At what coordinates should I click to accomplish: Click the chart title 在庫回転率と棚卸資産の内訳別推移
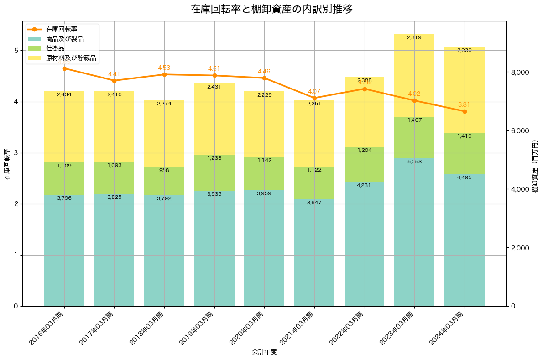[x=271, y=10]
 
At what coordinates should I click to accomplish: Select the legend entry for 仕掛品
[x=62, y=49]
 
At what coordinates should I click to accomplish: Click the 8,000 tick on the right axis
[x=519, y=73]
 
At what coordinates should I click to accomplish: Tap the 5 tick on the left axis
[x=16, y=51]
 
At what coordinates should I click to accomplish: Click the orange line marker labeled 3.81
[x=465, y=111]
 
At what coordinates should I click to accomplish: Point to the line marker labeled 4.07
[x=314, y=98]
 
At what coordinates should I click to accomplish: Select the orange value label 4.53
[x=164, y=68]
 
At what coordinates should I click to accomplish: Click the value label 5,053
[x=414, y=162]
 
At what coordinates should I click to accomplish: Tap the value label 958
[x=164, y=171]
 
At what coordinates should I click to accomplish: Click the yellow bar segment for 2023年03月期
[x=414, y=78]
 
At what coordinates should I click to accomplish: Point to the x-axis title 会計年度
[x=264, y=352]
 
